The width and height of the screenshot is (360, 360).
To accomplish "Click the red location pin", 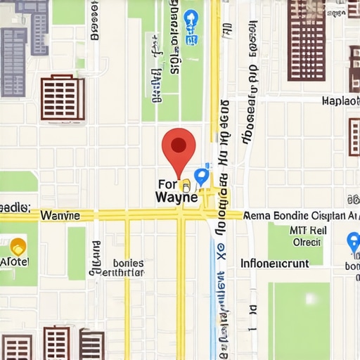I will click(x=179, y=147).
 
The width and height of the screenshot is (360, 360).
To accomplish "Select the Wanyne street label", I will click(x=60, y=215).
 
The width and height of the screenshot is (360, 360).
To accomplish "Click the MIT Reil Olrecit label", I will click(x=307, y=236).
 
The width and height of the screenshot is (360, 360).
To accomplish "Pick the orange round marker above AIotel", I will click(x=18, y=246).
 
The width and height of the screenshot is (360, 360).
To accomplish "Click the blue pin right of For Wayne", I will click(x=202, y=176).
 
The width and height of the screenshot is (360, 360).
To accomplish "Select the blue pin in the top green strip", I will click(x=190, y=20).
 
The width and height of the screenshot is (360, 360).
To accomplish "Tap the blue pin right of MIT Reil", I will click(x=354, y=243).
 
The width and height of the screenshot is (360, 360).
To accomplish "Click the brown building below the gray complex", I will click(x=63, y=98).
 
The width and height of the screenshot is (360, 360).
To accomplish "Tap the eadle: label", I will click(x=15, y=207).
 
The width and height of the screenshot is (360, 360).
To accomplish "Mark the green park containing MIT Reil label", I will click(x=295, y=243).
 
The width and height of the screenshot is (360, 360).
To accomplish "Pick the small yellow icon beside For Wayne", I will click(x=186, y=186).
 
